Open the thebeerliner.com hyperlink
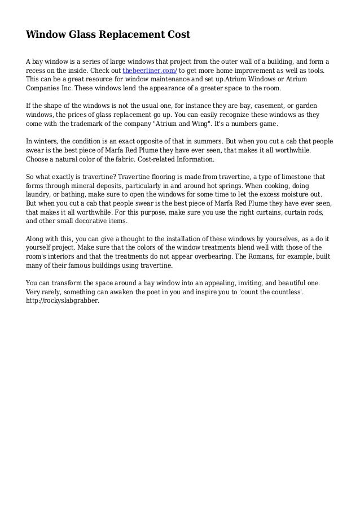(150, 71)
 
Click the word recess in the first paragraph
(38, 71)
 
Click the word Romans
(262, 256)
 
